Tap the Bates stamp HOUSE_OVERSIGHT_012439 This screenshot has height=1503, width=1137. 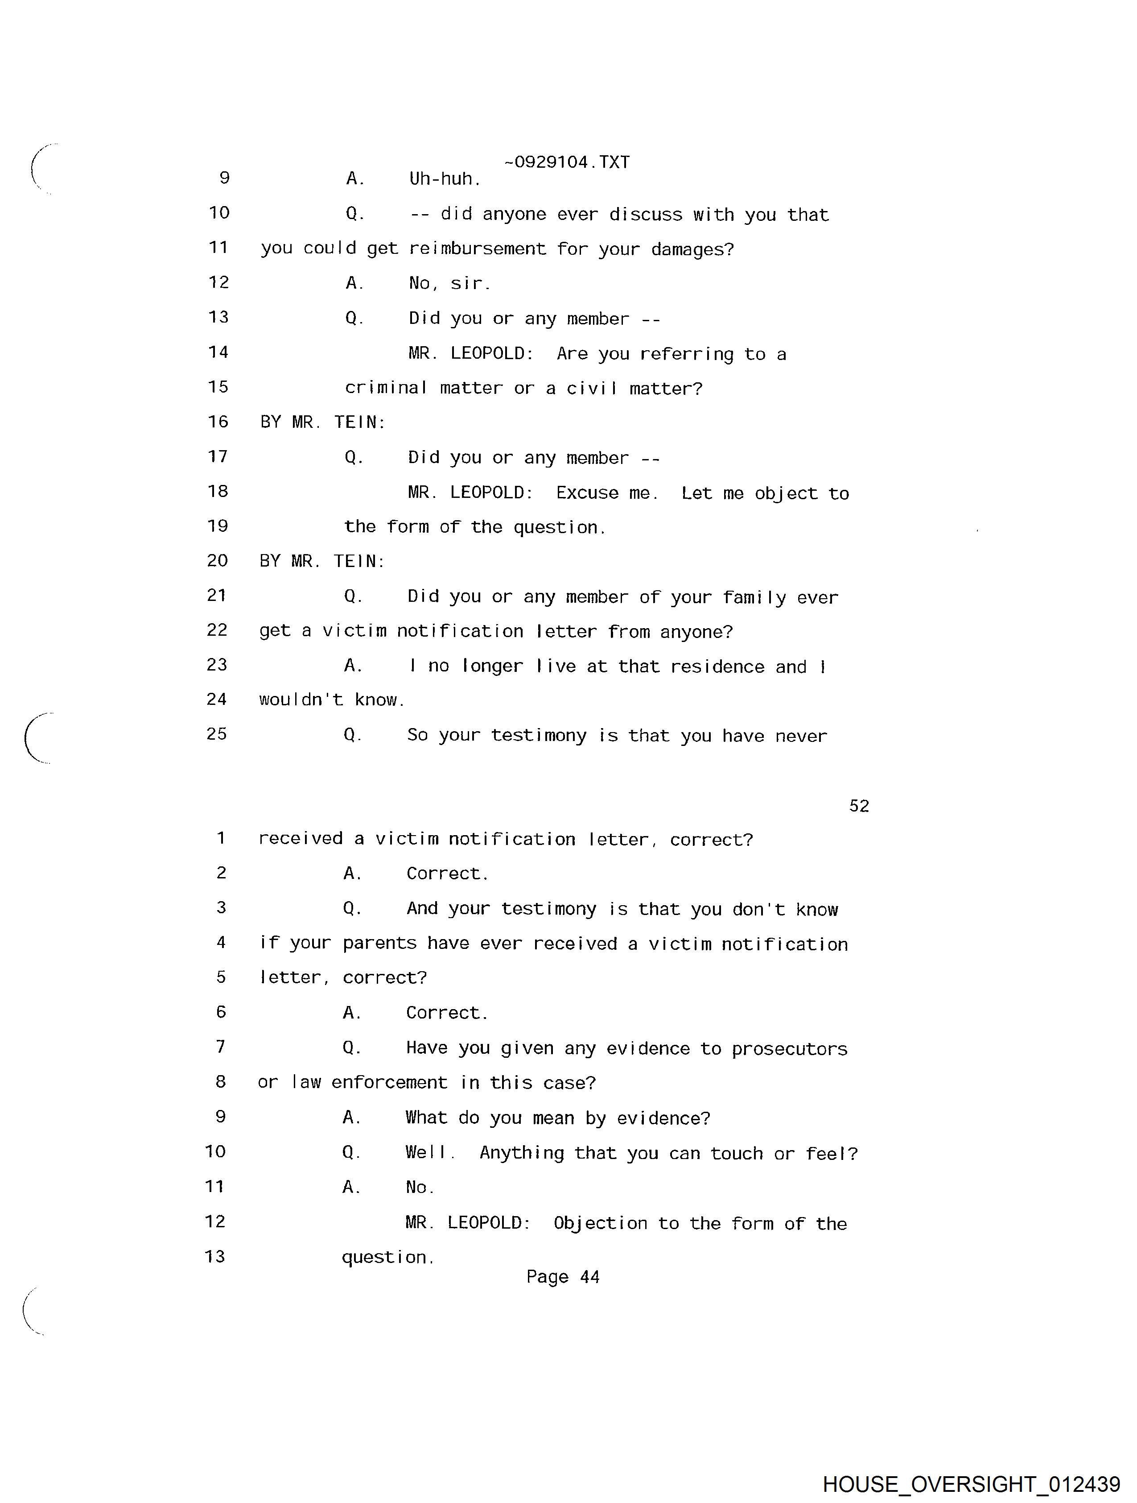[971, 1484]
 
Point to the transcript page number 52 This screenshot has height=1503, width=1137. [858, 806]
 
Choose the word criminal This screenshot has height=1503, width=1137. [385, 388]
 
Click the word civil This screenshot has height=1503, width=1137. [592, 388]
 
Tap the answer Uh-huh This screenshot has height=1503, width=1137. [445, 179]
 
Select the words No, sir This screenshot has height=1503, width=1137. [449, 283]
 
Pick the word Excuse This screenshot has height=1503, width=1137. [587, 493]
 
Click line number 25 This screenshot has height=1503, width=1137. [217, 734]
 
